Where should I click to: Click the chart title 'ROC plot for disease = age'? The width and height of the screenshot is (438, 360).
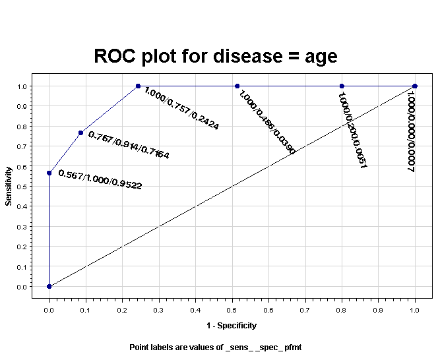point(216,56)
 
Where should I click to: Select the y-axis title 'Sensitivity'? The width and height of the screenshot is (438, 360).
point(9,186)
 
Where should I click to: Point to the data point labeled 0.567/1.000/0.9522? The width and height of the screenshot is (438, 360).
point(49,173)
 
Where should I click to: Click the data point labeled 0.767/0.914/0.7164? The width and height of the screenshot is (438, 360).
point(80,133)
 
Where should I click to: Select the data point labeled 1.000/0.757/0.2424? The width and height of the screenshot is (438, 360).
point(138,86)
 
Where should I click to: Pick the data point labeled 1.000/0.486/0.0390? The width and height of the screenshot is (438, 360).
point(237,86)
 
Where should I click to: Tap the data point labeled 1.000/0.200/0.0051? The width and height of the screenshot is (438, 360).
point(342,86)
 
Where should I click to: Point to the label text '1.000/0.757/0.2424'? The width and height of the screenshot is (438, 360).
point(181,108)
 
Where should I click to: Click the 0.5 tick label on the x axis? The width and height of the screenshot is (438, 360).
point(232,309)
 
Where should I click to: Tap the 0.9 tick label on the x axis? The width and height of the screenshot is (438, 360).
point(378,309)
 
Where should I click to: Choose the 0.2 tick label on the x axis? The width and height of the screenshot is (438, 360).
point(122,309)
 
